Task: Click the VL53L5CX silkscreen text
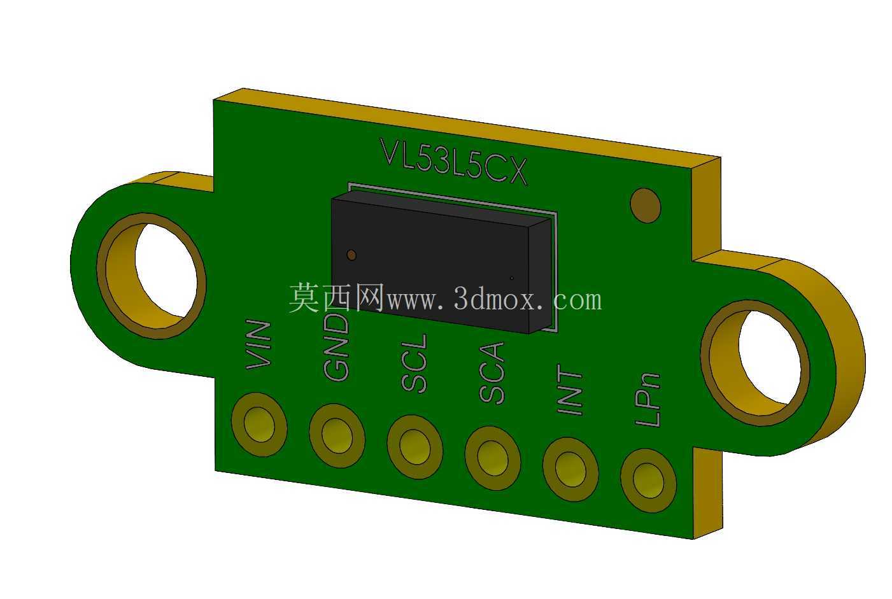[453, 162]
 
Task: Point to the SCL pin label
[414, 363]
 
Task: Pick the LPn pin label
[648, 399]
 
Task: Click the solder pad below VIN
[259, 425]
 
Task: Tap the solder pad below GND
[337, 436]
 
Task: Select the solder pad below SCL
[414, 447]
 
